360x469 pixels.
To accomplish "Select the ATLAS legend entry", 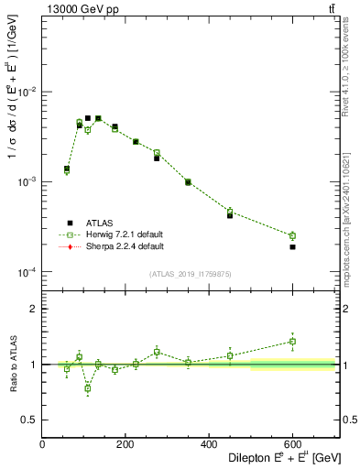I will pos(97,222).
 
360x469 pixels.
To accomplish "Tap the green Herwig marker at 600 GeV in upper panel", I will pos(292,235).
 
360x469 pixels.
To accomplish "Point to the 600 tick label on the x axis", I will pos(292,445).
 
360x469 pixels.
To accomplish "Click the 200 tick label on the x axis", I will pos(125,445).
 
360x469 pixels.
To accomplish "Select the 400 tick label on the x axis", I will pos(209,445).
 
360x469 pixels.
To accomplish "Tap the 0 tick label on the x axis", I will pos(43,445).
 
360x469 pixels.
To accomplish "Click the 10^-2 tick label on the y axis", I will pos(27,93).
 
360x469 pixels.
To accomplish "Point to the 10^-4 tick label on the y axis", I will pos(27,272).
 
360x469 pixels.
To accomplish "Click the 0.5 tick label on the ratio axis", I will pos(31,420).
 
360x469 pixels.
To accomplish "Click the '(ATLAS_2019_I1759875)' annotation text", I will pos(191,274).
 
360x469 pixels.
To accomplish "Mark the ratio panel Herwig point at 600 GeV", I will pos(292,342).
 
